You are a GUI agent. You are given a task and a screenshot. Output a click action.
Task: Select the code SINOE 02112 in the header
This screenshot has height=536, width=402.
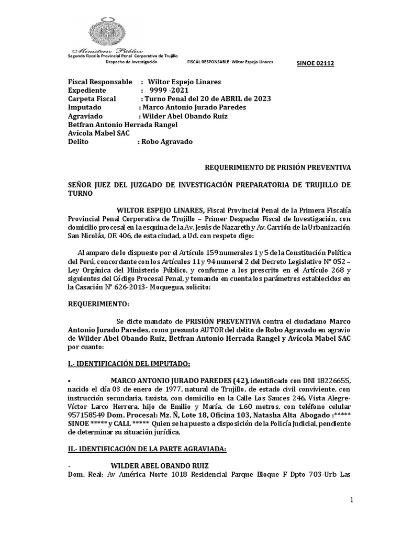point(315,64)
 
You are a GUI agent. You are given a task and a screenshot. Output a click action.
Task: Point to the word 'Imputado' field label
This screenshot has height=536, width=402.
point(84,107)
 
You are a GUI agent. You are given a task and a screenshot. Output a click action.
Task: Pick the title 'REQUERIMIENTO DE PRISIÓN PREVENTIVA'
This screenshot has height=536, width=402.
point(277,167)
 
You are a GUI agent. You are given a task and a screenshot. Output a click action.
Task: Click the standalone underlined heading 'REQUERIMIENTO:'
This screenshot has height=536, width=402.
point(97,304)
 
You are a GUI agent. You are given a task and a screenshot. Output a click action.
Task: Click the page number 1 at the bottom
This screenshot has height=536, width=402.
point(352,501)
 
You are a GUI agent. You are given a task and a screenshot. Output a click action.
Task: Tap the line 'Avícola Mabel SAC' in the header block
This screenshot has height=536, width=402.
point(99,133)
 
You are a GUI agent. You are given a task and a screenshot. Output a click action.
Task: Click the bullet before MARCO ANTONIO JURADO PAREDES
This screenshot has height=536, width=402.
point(70,381)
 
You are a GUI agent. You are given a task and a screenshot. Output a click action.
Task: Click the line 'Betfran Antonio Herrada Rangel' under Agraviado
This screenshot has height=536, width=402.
point(123,125)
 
